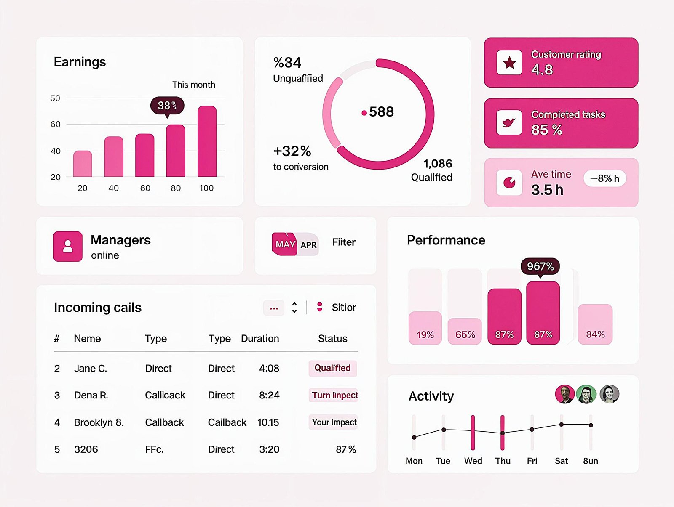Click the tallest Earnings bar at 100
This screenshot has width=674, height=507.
[x=207, y=141]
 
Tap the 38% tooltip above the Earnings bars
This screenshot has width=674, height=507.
[x=167, y=106]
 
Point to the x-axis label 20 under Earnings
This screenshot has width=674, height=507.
[x=83, y=188]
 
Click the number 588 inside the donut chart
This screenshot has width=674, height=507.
[x=381, y=112]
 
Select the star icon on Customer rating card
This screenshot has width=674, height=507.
[x=509, y=63]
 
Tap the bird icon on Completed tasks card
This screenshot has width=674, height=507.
[x=509, y=122]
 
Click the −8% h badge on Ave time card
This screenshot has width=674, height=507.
[x=604, y=178]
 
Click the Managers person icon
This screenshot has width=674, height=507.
[x=68, y=247]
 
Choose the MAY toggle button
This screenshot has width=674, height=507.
[x=285, y=244]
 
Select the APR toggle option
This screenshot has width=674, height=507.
[x=309, y=245]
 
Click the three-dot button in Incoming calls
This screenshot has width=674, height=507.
[x=274, y=308]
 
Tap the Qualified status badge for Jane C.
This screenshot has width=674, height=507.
[x=332, y=368]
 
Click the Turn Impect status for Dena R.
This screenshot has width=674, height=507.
[x=334, y=395]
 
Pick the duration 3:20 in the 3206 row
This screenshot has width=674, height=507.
[x=269, y=449]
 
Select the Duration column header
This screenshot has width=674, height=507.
[x=260, y=339]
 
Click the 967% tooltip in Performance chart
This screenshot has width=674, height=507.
[x=540, y=266]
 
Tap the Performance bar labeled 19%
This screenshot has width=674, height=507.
[x=425, y=328]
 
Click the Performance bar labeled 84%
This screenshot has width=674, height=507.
[x=595, y=324]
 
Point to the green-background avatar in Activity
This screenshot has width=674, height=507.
[x=586, y=394]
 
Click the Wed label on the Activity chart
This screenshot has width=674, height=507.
[x=473, y=461]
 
